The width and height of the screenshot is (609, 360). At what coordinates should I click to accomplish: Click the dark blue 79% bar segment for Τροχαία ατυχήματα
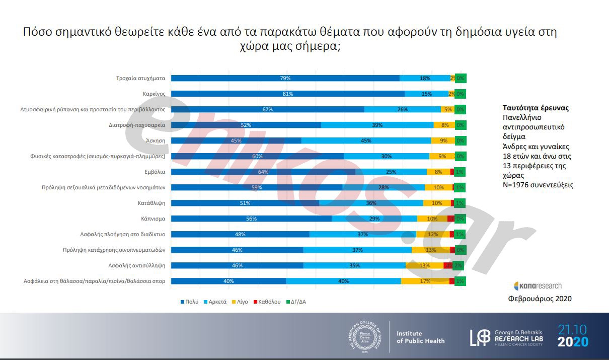pos(285,78)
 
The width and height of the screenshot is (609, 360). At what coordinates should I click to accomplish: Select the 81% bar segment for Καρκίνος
pos(287,94)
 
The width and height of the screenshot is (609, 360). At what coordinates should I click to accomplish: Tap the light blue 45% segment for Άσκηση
pos(366,140)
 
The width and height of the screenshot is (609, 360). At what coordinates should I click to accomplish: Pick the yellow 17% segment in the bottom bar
pos(425,281)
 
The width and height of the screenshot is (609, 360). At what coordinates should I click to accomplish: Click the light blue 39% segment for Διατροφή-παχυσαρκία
pos(377,125)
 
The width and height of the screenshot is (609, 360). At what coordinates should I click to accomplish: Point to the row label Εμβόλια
pos(155,172)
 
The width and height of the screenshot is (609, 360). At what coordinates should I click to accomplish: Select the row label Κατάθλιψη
pos(151,203)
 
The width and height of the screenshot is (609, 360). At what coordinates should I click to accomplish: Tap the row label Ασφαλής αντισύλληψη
pos(137,265)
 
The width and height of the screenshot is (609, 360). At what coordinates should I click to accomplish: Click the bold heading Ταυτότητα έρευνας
pos(536,108)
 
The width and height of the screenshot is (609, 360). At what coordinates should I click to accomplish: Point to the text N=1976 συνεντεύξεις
pos(538,185)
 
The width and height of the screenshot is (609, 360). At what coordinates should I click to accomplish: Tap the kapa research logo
pos(538,285)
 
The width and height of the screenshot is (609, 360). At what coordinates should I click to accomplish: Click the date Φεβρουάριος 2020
pos(540,299)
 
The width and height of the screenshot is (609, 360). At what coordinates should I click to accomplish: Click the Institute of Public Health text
pos(420,337)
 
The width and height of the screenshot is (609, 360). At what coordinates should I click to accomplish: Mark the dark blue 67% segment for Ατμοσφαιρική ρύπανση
pos(267,109)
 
